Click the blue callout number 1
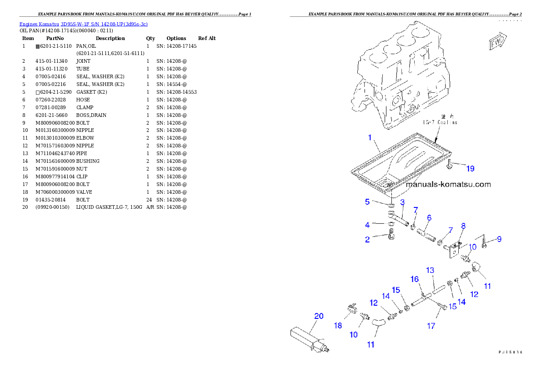(x=370, y=137)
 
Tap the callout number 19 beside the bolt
(x=470, y=169)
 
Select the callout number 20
(x=319, y=316)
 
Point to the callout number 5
(x=367, y=201)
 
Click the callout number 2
(x=367, y=240)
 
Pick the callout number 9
(x=499, y=239)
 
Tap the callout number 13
(x=430, y=270)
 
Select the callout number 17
(x=431, y=326)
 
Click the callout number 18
(x=338, y=325)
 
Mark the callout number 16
(x=415, y=279)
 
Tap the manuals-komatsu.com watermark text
(x=448, y=185)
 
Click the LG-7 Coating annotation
(x=440, y=122)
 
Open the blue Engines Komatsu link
(x=83, y=24)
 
